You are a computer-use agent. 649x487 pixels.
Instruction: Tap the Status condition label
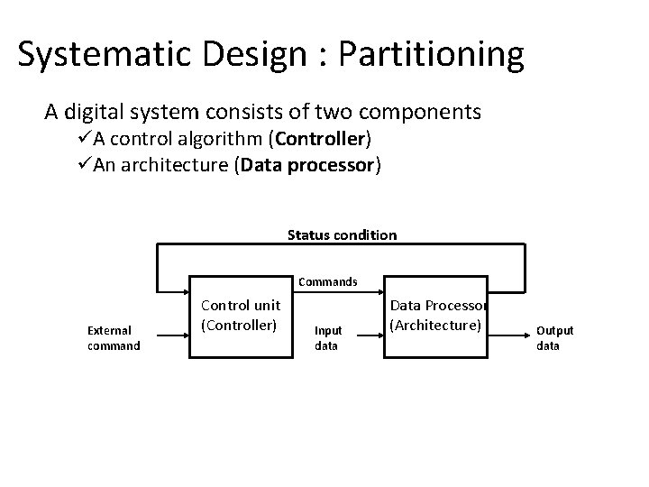[342, 235]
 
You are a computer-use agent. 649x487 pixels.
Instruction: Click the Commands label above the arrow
[327, 281]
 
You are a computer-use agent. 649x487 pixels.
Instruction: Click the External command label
[114, 338]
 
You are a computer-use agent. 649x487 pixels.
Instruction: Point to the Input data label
[327, 338]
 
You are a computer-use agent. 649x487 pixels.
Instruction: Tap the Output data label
[555, 338]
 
